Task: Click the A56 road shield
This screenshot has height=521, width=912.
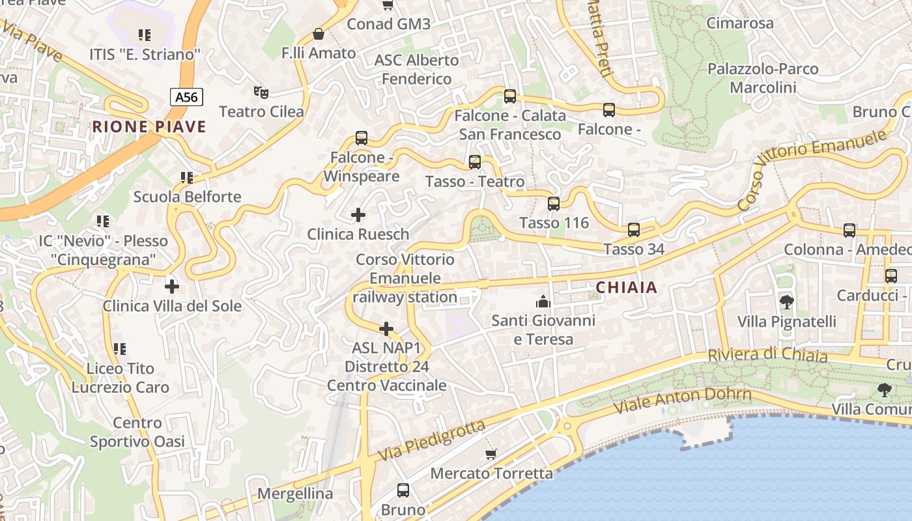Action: [x=186, y=97]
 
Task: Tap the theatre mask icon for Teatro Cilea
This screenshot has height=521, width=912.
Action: [x=261, y=92]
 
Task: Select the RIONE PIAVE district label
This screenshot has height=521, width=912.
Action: [x=149, y=126]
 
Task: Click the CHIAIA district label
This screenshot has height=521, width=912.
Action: [x=627, y=287]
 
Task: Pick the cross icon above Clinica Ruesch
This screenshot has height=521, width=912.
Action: [x=358, y=214]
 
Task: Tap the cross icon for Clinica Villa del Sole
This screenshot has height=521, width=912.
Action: [x=172, y=286]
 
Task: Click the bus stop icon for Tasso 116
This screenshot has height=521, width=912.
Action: [x=554, y=204]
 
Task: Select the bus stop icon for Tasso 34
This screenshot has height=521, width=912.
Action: [x=634, y=230]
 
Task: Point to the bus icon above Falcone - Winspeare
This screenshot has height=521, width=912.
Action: [x=362, y=138]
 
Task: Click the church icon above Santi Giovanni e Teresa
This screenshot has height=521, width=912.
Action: [x=543, y=302]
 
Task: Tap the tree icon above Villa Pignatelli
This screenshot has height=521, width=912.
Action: [x=786, y=302]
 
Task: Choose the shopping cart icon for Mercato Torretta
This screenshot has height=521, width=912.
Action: [x=491, y=454]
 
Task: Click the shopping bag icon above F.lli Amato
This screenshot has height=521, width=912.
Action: [x=319, y=34]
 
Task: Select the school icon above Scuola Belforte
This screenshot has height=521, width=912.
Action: [x=187, y=177]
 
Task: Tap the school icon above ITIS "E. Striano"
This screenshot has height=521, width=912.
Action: [x=145, y=35]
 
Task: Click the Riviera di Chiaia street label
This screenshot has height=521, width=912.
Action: [x=767, y=356]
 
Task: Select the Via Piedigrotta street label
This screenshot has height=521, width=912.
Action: [x=431, y=440]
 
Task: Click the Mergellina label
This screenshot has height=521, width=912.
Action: [x=295, y=494]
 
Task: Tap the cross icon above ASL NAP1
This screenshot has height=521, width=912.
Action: [x=386, y=328]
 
